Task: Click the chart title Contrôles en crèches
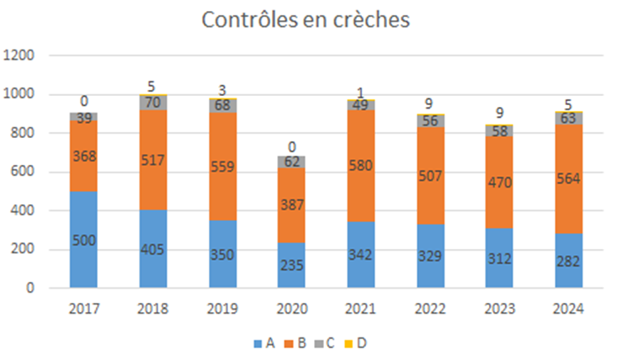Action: tap(306, 20)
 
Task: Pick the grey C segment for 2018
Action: tap(153, 103)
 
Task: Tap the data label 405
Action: tap(154, 250)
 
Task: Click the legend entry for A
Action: tap(264, 343)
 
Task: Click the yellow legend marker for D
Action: tap(352, 343)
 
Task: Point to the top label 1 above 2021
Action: tap(360, 93)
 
